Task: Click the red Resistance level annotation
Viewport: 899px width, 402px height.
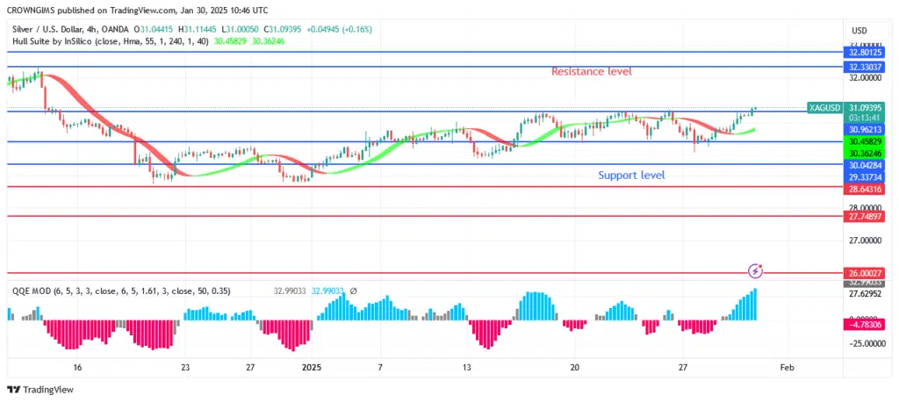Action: [591, 71]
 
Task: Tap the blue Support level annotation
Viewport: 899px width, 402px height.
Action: [631, 176]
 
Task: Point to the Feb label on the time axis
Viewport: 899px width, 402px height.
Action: [787, 368]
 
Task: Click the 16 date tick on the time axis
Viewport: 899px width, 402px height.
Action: [77, 368]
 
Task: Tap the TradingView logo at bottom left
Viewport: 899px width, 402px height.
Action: [41, 390]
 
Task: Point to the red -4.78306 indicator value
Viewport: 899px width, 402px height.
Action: [865, 323]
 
